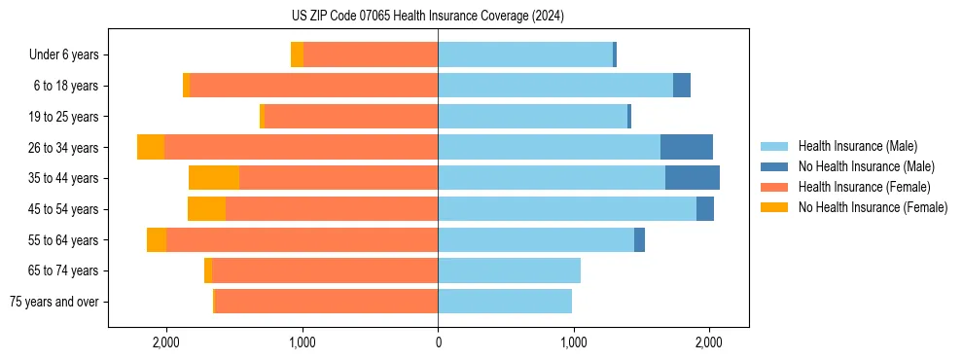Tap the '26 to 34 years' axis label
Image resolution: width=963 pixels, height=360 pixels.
pyautogui.click(x=63, y=147)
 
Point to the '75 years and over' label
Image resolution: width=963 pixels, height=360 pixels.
pyautogui.click(x=54, y=302)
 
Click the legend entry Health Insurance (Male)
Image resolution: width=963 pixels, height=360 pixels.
pyautogui.click(x=857, y=146)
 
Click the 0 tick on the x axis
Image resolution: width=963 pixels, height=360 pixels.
pyautogui.click(x=438, y=342)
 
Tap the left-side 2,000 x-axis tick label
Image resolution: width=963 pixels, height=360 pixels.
pyautogui.click(x=166, y=342)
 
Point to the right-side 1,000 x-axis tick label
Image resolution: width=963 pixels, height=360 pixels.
pyautogui.click(x=573, y=342)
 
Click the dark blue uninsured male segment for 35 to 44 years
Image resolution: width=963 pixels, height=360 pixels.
pyautogui.click(x=693, y=178)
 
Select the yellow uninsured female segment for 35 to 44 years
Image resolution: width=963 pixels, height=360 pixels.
pyautogui.click(x=214, y=178)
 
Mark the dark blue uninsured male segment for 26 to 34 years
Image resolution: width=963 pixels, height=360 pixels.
pyautogui.click(x=687, y=147)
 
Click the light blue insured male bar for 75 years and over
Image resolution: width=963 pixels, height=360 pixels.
pyautogui.click(x=505, y=302)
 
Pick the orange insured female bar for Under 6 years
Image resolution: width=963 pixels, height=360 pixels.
pyautogui.click(x=371, y=54)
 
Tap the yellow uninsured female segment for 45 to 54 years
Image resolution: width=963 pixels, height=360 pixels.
pyautogui.click(x=206, y=209)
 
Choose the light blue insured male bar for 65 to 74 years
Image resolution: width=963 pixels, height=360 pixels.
pyautogui.click(x=509, y=270)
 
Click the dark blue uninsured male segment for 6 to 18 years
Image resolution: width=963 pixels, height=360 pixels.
pyautogui.click(x=682, y=86)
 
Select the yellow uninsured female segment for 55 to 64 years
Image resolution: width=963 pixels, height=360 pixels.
pyautogui.click(x=157, y=240)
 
